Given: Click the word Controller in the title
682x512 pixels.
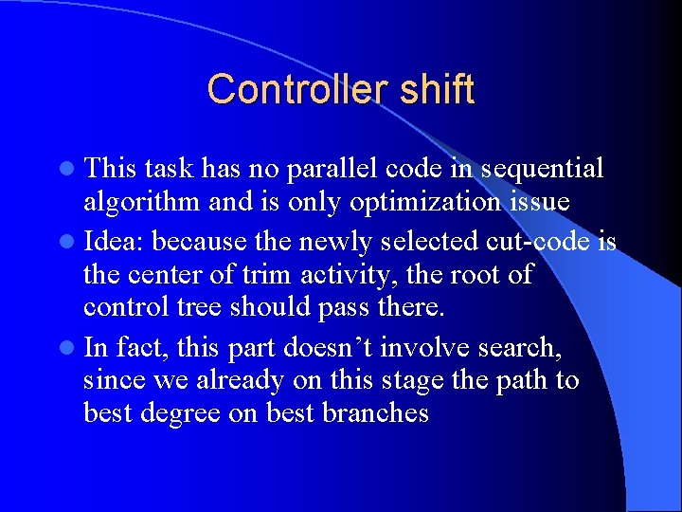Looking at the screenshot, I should click(x=290, y=89).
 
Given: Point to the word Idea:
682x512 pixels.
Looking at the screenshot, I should click(x=114, y=241).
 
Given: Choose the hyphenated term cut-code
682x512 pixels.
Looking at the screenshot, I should click(x=540, y=241).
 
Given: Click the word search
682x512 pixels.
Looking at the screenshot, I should click(x=517, y=348).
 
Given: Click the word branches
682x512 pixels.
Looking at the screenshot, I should click(x=377, y=413).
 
